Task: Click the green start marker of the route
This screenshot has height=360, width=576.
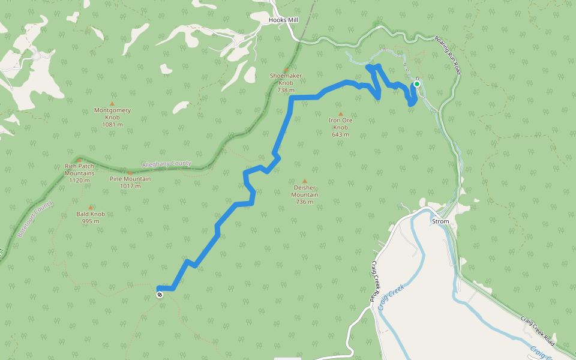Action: [416, 84]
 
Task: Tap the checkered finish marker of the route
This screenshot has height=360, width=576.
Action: [160, 295]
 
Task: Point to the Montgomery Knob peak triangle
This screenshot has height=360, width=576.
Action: [112, 104]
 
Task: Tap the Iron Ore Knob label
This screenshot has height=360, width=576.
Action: [340, 124]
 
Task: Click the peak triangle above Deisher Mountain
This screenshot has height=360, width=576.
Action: [304, 181]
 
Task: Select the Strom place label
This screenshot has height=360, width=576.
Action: [440, 221]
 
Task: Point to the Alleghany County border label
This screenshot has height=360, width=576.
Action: [167, 164]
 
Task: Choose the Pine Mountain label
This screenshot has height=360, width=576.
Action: [130, 179]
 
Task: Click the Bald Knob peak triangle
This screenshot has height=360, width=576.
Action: [91, 207]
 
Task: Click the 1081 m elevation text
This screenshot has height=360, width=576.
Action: [112, 125]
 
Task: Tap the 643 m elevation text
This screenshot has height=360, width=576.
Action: [340, 134]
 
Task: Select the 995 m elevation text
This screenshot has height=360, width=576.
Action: [91, 221]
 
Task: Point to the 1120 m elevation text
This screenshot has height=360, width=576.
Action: [79, 180]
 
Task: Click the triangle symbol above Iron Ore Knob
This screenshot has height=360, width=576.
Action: [340, 113]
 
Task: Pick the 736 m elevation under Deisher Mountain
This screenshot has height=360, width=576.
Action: [305, 202]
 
